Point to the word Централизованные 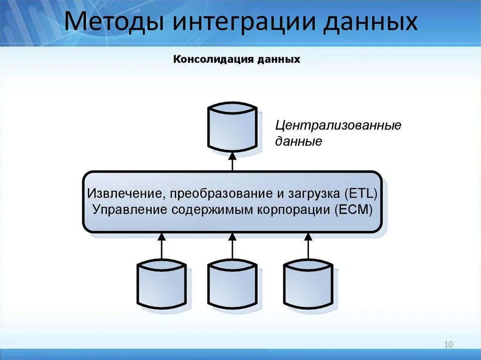coord(338,126)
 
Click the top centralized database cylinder coord(232,128)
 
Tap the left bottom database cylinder coord(162,285)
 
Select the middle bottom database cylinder coord(232,285)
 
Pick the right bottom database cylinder coord(308,285)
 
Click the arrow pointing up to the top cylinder coord(232,161)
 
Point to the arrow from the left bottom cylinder coord(162,246)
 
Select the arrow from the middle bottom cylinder coord(232,246)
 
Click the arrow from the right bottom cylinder coord(308,246)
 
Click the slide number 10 coord(448,345)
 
